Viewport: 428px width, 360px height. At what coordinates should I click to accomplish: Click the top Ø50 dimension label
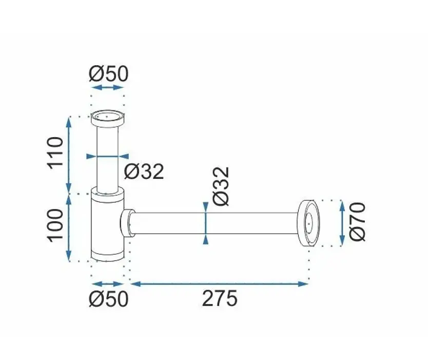point(108,74)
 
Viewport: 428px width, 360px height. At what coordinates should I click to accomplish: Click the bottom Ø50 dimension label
point(108,298)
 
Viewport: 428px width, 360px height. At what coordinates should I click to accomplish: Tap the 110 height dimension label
point(55,153)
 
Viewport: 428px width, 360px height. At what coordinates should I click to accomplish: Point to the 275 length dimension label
point(220,298)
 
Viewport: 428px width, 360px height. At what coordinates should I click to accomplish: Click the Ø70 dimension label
point(357,222)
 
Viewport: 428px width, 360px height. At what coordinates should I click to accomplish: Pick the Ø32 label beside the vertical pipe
point(144,172)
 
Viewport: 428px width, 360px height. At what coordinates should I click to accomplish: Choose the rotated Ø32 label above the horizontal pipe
point(221,186)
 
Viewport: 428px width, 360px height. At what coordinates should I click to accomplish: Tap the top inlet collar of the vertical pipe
point(108,119)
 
